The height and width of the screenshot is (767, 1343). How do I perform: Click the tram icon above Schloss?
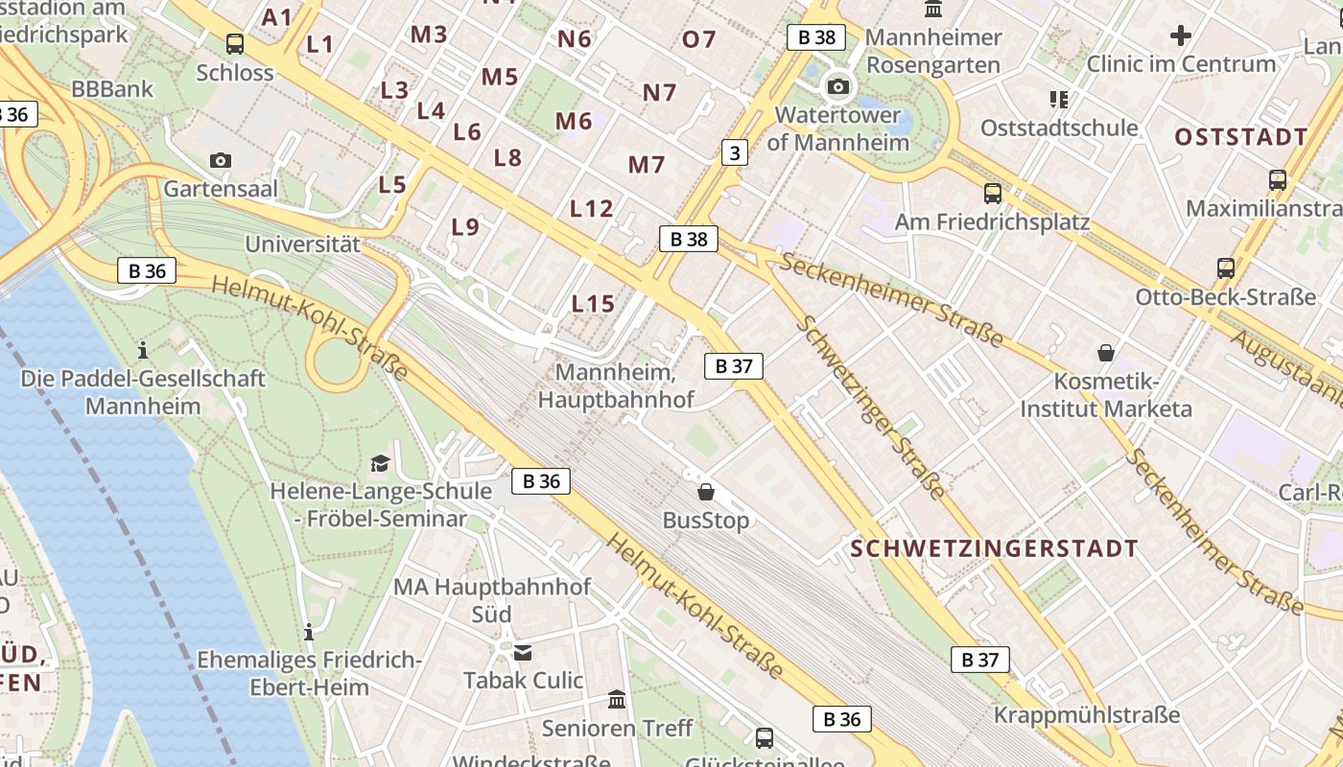coord(235,43)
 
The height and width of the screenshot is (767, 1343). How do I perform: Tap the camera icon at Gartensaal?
coord(221,160)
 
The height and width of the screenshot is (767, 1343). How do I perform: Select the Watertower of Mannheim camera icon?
coord(837,87)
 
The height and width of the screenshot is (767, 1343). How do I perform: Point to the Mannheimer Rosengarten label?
coord(933,51)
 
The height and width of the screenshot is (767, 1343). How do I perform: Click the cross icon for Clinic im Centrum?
coord(1181,36)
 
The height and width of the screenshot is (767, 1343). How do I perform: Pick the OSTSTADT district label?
coord(1241,137)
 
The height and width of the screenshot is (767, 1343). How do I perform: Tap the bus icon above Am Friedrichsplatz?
coord(993,194)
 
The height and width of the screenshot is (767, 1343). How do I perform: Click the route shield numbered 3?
coord(734,151)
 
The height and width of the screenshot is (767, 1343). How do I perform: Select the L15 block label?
coord(593,304)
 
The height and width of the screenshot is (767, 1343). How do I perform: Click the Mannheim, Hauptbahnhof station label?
coord(616,385)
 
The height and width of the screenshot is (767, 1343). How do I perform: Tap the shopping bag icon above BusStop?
coord(706,492)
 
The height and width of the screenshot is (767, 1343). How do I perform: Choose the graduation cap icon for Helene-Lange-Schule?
coord(381,464)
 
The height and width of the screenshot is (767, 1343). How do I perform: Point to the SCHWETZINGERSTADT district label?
coord(995,549)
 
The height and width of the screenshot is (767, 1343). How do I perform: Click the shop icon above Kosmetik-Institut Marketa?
coord(1106,353)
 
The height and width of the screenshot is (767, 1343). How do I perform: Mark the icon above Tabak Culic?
coord(523,653)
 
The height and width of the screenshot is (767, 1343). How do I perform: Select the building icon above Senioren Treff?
coord(617,700)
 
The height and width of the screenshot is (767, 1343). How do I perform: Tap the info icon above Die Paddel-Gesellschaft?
coord(143,350)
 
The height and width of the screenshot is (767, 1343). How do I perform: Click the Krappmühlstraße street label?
coord(1087,715)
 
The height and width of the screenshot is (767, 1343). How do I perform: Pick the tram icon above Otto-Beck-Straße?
coord(1226,268)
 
